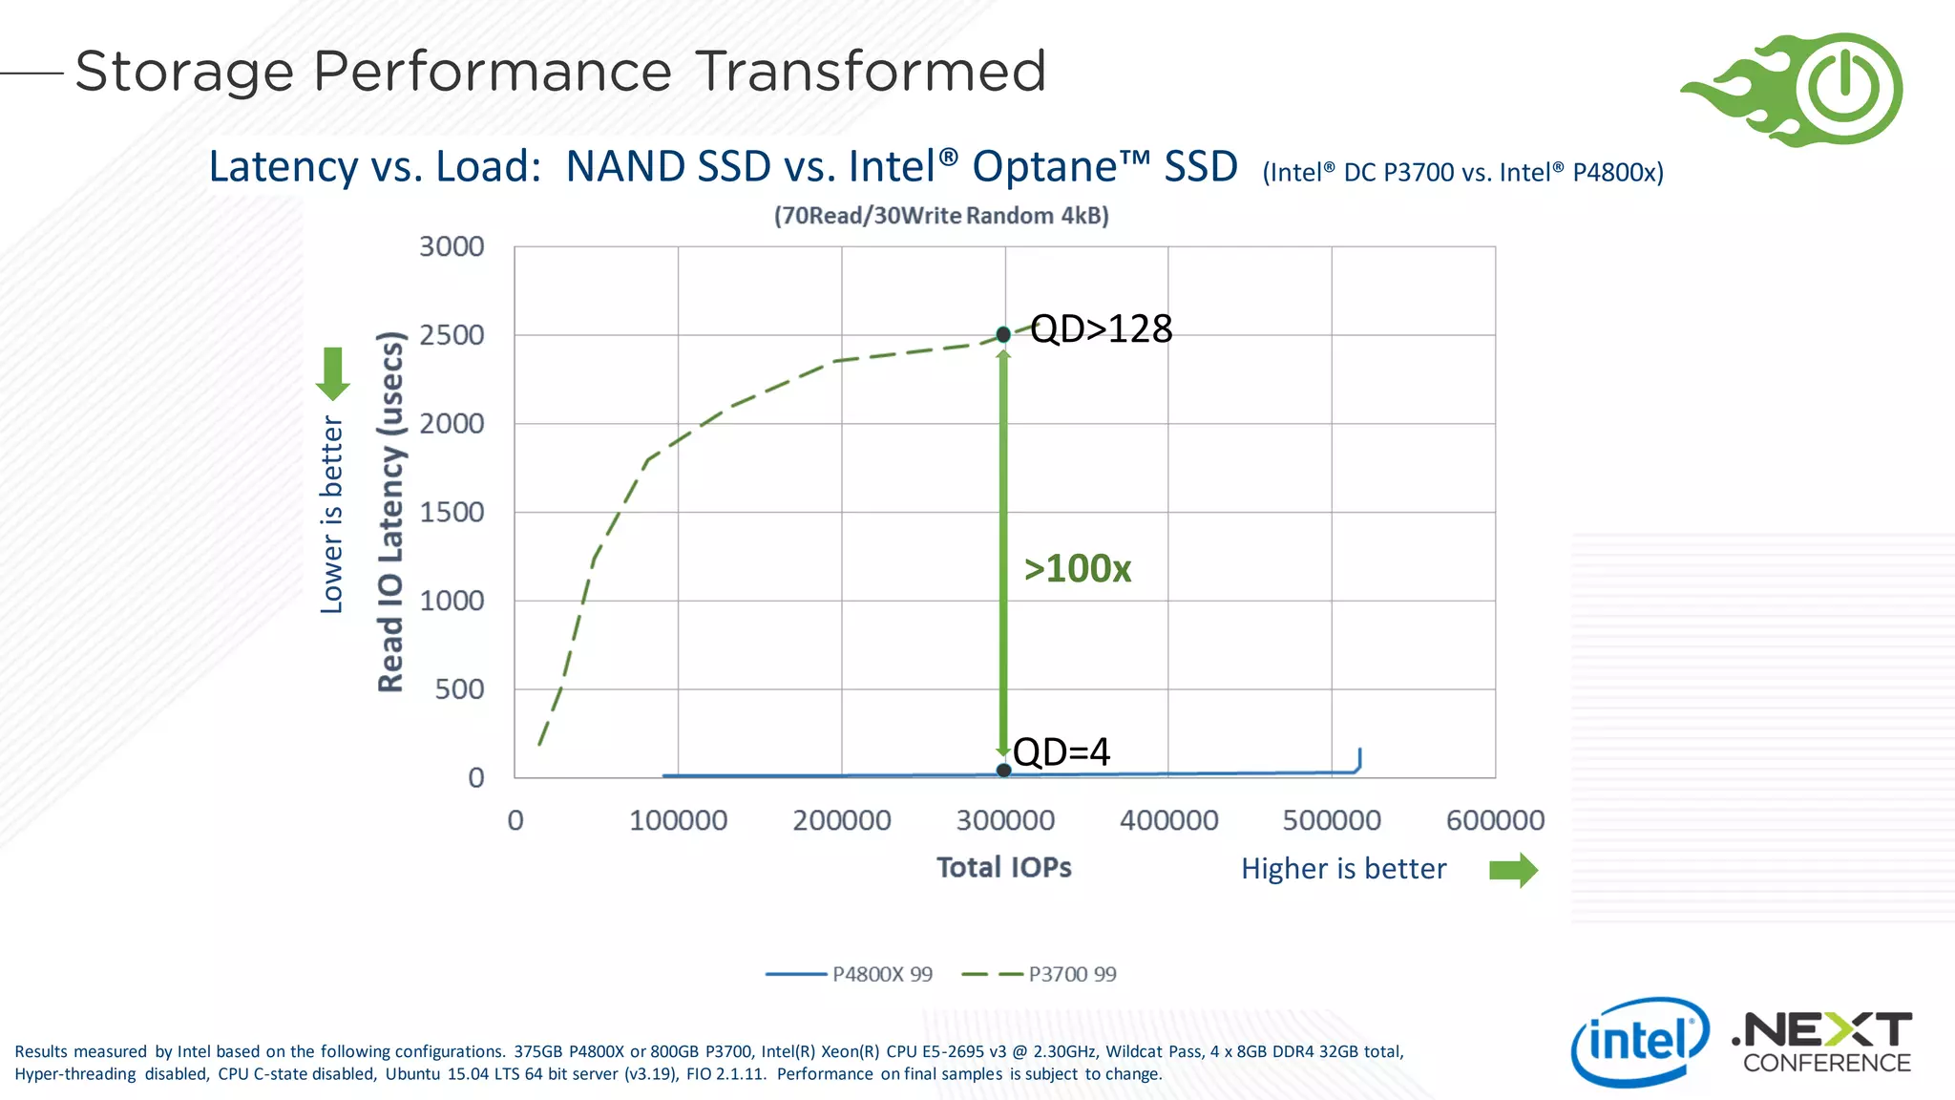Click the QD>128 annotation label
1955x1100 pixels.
tap(1101, 328)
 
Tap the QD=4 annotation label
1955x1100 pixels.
tap(1062, 751)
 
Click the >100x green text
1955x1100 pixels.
tap(1077, 569)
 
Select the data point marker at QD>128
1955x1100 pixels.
tap(1003, 334)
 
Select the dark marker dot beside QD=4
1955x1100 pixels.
tap(1003, 770)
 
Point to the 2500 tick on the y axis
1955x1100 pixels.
tap(452, 335)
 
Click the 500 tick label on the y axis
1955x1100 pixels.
tap(459, 689)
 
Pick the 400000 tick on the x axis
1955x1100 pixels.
tap(1168, 820)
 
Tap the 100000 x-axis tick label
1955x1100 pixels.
tap(678, 820)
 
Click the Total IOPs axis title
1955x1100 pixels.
tap(1003, 867)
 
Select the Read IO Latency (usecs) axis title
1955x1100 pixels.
tap(390, 512)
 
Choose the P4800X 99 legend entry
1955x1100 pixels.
tap(850, 974)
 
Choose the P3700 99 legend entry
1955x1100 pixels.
tap(1041, 974)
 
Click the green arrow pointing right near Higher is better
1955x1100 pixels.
tap(1514, 870)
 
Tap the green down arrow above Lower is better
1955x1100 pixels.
tap(332, 373)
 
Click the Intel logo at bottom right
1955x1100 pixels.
tap(1639, 1042)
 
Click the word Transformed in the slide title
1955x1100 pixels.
tap(871, 72)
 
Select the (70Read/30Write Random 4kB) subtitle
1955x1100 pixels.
tap(941, 216)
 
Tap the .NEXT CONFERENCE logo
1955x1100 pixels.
tap(1822, 1043)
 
